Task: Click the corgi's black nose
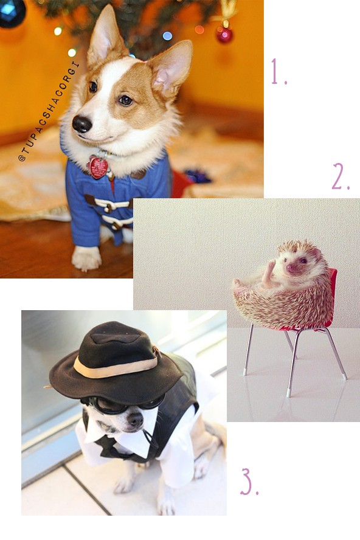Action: click(82, 124)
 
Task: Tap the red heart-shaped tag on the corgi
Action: click(98, 167)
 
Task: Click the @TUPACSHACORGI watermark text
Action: click(49, 111)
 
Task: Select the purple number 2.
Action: click(341, 176)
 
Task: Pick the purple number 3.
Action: click(249, 482)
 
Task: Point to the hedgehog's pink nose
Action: click(291, 267)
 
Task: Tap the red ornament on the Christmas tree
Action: click(224, 35)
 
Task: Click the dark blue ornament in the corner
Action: click(12, 12)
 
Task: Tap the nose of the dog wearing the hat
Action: click(135, 420)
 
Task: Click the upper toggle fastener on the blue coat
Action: click(108, 204)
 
